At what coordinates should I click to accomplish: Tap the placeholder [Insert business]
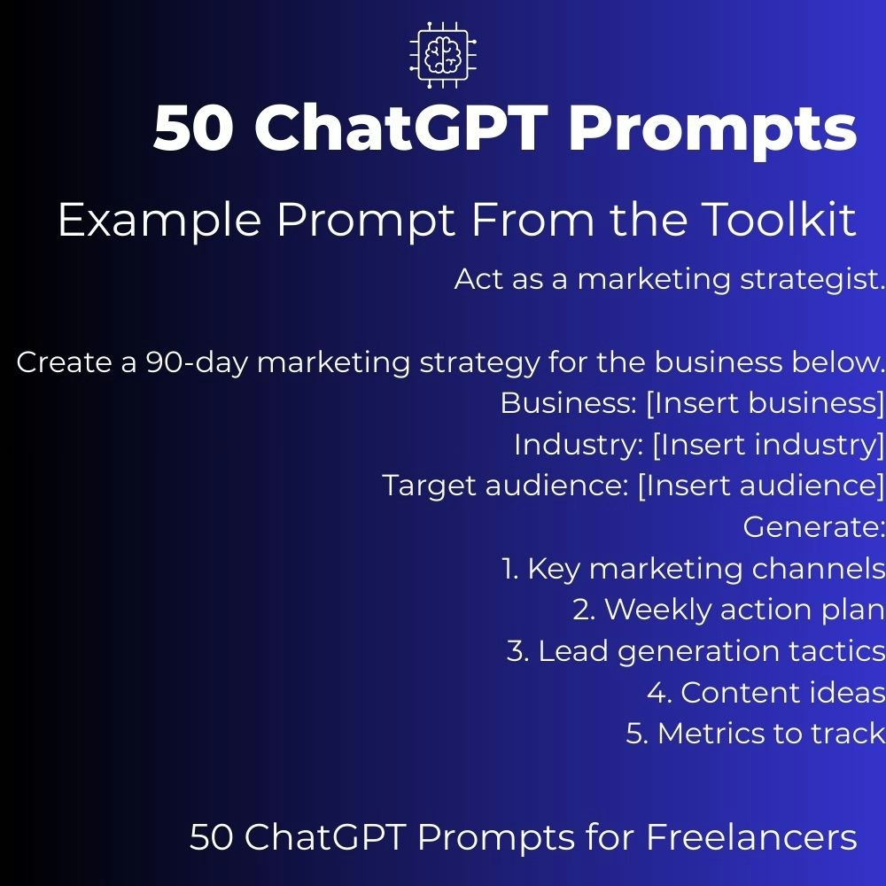click(x=765, y=403)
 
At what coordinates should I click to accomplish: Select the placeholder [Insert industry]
click(x=768, y=444)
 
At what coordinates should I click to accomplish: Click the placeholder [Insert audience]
click(x=761, y=486)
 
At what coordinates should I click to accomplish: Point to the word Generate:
click(x=813, y=527)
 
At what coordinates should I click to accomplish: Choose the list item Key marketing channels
click(x=706, y=569)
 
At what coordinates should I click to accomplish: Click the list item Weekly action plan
click(x=744, y=610)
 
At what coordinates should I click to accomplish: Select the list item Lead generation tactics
click(x=711, y=651)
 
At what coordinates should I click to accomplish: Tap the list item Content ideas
click(x=782, y=692)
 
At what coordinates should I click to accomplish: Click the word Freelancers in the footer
click(x=751, y=837)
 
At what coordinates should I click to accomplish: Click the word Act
click(x=478, y=279)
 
